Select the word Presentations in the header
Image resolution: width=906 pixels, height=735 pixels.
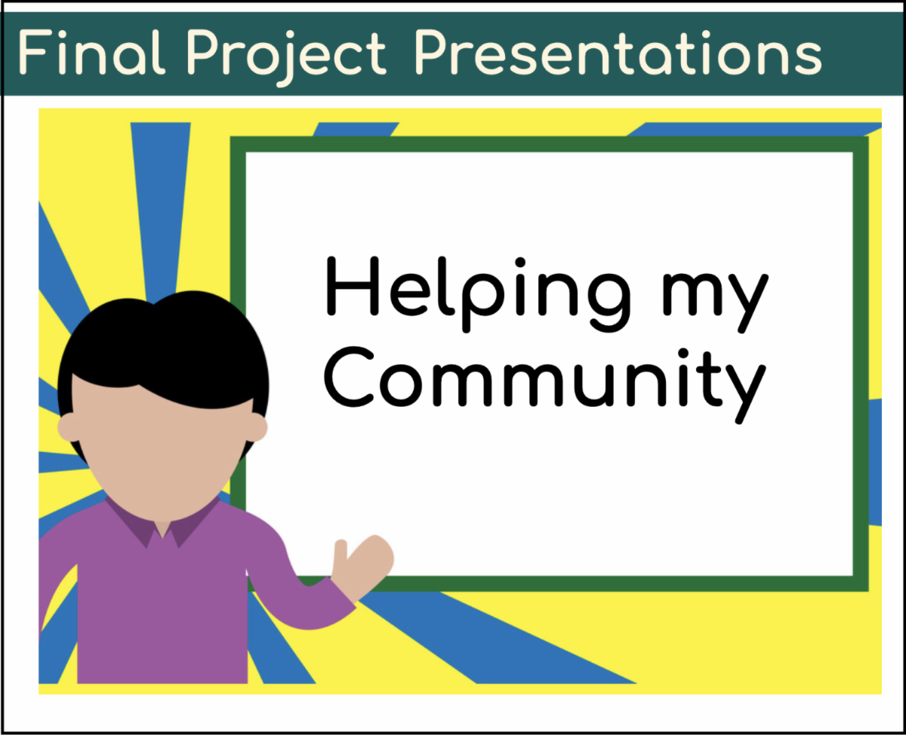[618, 53]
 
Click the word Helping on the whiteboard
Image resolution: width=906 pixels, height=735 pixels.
[478, 294]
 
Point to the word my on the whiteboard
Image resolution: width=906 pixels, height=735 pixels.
[716, 303]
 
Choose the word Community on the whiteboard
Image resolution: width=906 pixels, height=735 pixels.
[545, 385]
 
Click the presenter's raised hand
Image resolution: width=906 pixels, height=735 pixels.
[362, 567]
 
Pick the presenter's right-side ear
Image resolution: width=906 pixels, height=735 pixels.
[257, 427]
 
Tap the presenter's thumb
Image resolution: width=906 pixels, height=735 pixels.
[341, 557]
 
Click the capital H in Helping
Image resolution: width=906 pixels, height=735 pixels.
[352, 286]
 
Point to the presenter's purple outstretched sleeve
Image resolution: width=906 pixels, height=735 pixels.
[297, 591]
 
